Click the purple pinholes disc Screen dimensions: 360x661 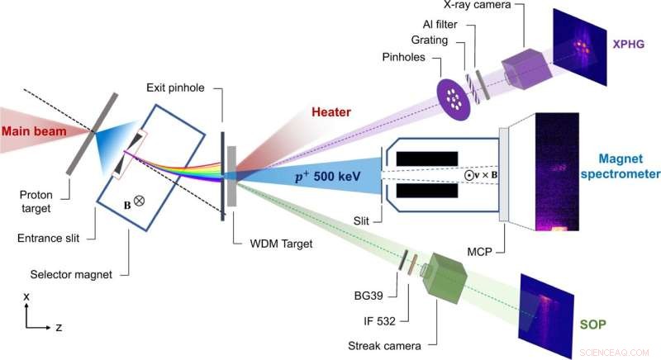point(453,97)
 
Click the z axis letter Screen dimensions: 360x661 point(58,327)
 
